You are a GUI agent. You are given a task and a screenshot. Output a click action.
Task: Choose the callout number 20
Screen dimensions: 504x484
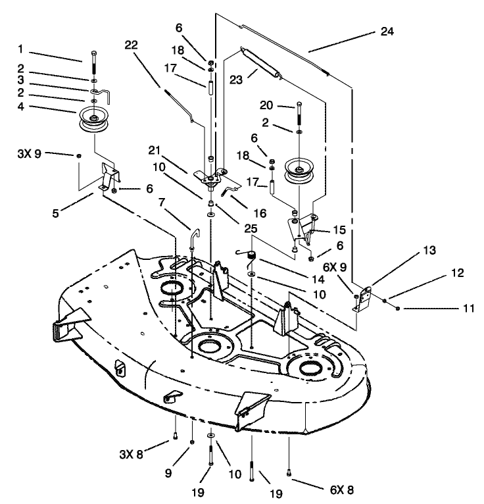pos(267,106)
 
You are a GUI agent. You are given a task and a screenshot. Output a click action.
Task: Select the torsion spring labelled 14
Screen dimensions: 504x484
pos(249,254)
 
